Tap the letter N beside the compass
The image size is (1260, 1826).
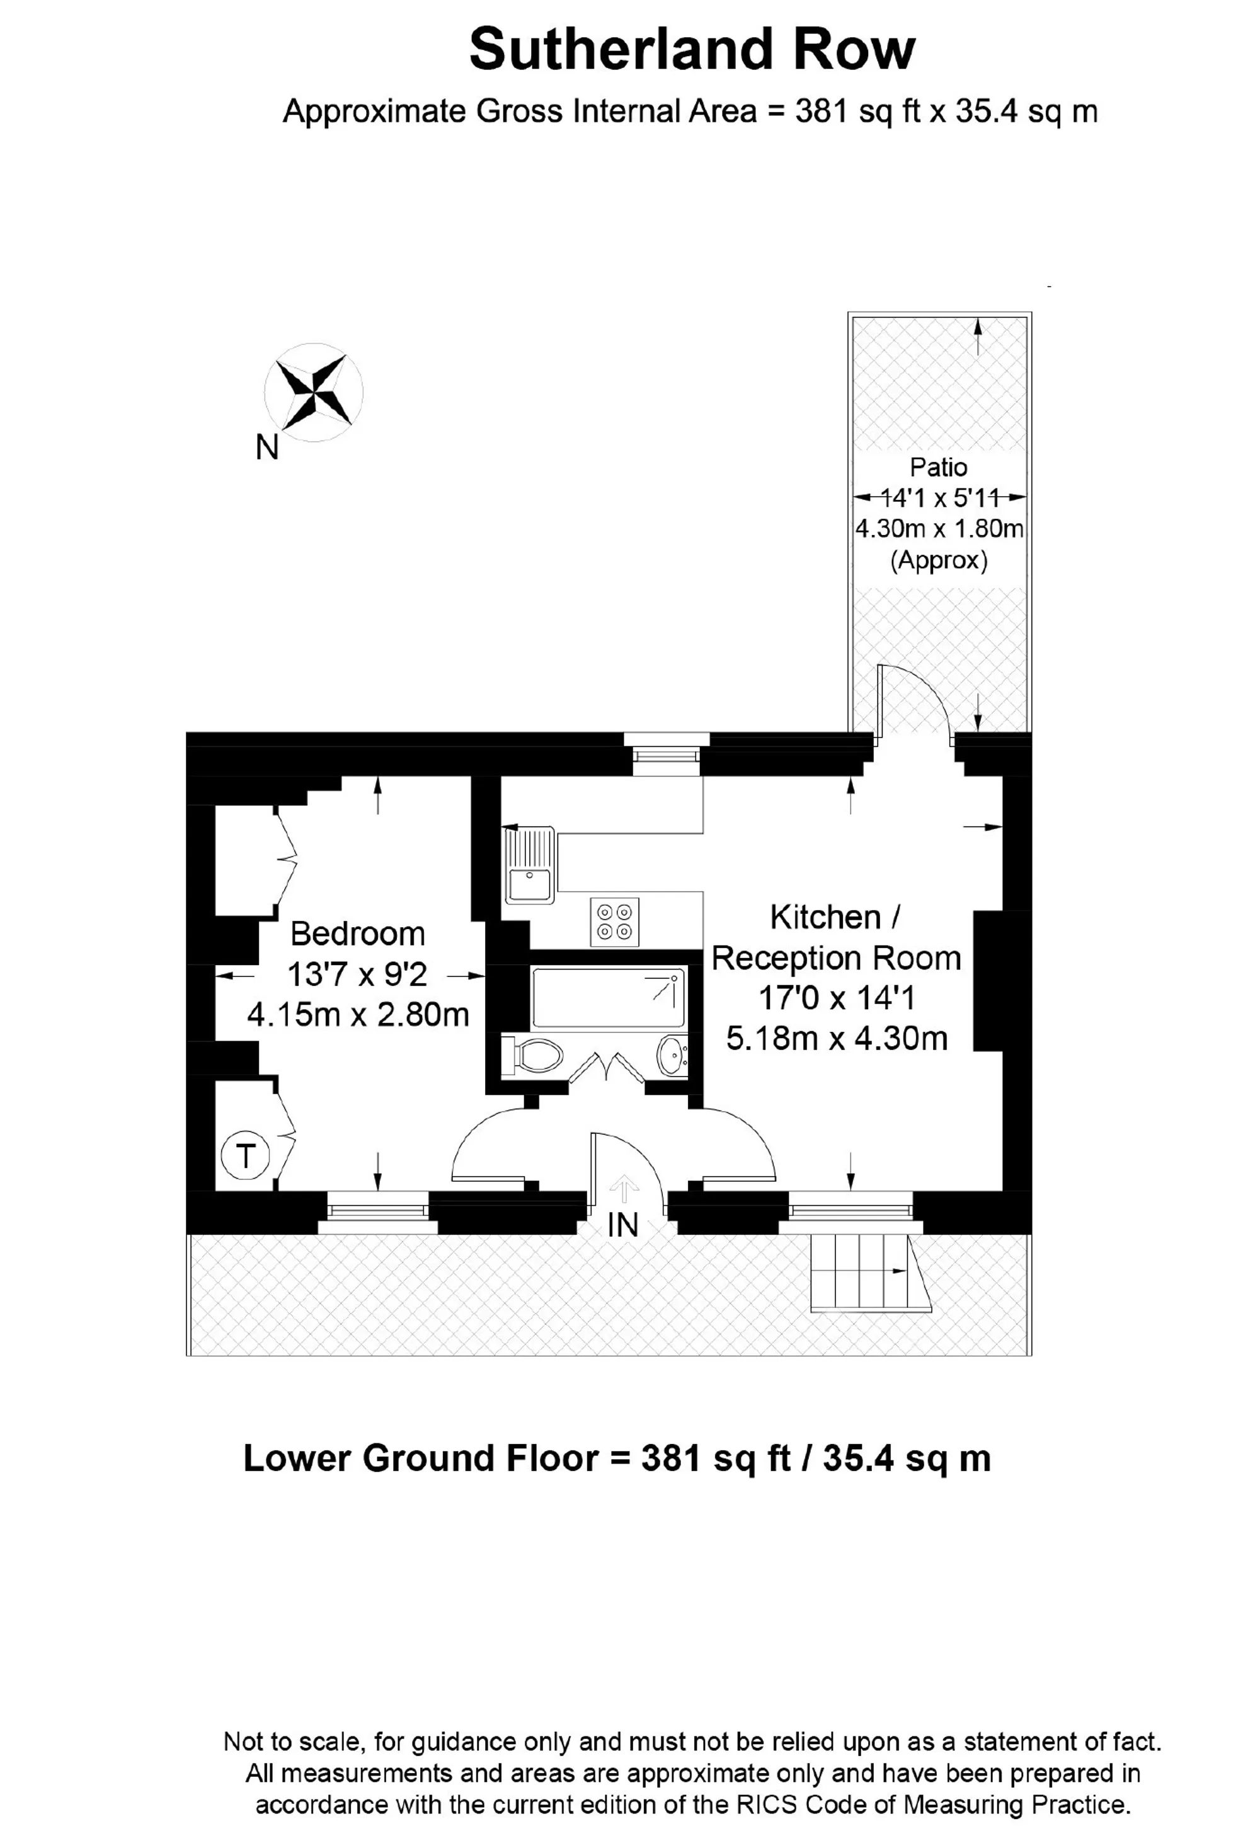click(x=268, y=449)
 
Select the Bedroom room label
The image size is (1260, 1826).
click(x=358, y=933)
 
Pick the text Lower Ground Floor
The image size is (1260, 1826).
click(x=420, y=1458)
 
